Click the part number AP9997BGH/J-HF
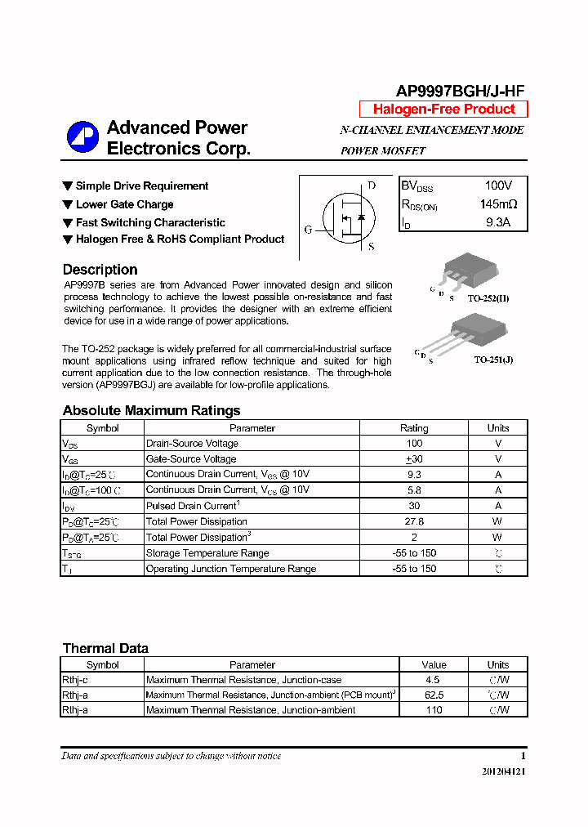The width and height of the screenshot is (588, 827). pyautogui.click(x=461, y=92)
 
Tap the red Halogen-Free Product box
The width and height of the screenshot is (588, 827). pyautogui.click(x=443, y=110)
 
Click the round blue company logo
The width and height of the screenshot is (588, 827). pyautogui.click(x=82, y=137)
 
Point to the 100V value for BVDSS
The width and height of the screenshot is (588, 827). pyautogui.click(x=498, y=186)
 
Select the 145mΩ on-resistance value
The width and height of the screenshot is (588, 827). pyautogui.click(x=498, y=204)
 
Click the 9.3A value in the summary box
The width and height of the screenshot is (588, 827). pyautogui.click(x=497, y=222)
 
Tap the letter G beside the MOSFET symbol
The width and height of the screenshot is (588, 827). pyautogui.click(x=309, y=230)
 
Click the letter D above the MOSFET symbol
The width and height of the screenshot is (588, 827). pyautogui.click(x=372, y=186)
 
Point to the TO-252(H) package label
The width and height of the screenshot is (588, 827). pyautogui.click(x=488, y=299)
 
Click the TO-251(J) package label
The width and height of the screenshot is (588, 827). pyautogui.click(x=493, y=360)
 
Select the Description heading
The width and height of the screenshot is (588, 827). pyautogui.click(x=100, y=270)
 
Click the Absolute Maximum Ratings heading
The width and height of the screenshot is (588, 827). pyautogui.click(x=151, y=410)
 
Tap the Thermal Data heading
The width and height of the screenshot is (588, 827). pyautogui.click(x=105, y=648)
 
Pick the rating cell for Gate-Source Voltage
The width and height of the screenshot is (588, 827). pyautogui.click(x=413, y=459)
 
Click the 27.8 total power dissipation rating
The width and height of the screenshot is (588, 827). pyautogui.click(x=413, y=521)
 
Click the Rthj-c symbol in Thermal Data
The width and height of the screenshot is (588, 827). pyautogui.click(x=75, y=680)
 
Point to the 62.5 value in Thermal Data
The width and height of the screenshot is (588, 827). pyautogui.click(x=434, y=695)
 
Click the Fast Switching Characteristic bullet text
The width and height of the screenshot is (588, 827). pyautogui.click(x=150, y=222)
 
